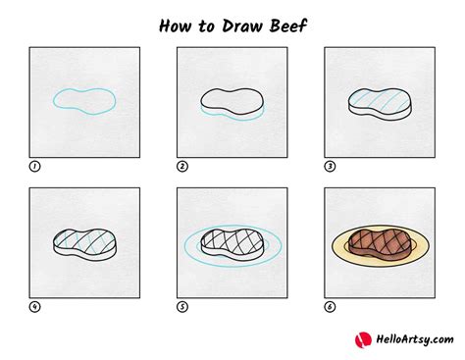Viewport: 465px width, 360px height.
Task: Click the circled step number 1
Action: [x=35, y=167]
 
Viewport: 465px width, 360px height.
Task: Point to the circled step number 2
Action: [x=182, y=167]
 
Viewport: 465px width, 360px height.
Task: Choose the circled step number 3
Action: [x=330, y=167]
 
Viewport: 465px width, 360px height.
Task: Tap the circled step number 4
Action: [x=35, y=306]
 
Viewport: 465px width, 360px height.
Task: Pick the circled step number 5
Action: [x=182, y=306]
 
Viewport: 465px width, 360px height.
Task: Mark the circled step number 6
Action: [x=330, y=306]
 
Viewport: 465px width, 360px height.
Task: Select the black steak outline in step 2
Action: [x=232, y=101]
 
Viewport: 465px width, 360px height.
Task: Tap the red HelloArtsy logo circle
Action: [x=363, y=338]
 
